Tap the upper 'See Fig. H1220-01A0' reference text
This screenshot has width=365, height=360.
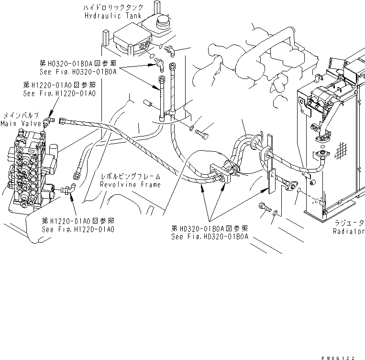(x=59, y=93)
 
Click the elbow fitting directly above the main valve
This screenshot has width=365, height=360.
(x=48, y=119)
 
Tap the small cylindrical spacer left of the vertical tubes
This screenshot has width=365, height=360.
(x=149, y=103)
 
